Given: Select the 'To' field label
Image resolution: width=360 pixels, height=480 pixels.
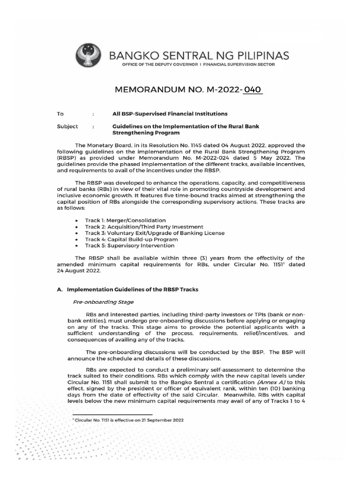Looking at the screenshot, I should (x=60, y=114).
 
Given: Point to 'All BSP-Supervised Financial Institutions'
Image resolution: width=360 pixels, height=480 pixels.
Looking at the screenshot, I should (x=170, y=114).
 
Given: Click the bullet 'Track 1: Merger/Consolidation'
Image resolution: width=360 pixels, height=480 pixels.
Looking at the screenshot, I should (x=125, y=220).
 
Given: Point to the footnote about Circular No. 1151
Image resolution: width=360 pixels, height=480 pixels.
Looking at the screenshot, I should (x=129, y=420).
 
